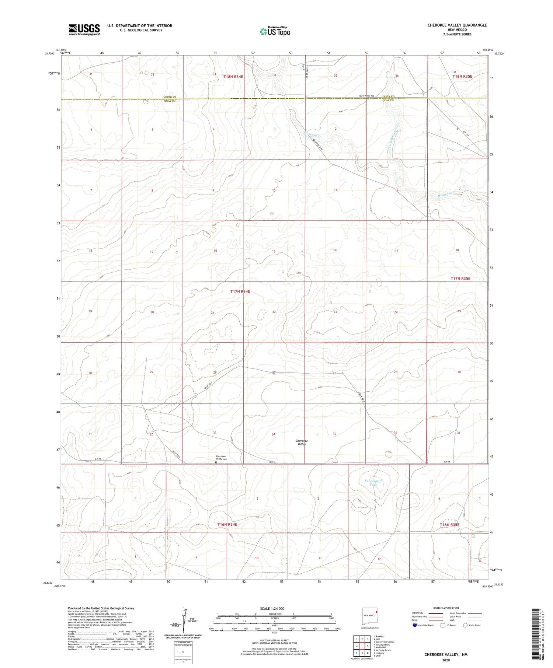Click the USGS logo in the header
(84, 29)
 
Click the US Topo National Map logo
(275, 31)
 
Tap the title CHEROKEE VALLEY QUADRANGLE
(457, 25)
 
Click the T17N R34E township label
(240, 291)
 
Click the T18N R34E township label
(233, 77)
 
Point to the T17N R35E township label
(460, 279)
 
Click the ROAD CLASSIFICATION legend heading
(446, 608)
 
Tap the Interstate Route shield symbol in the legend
(415, 625)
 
